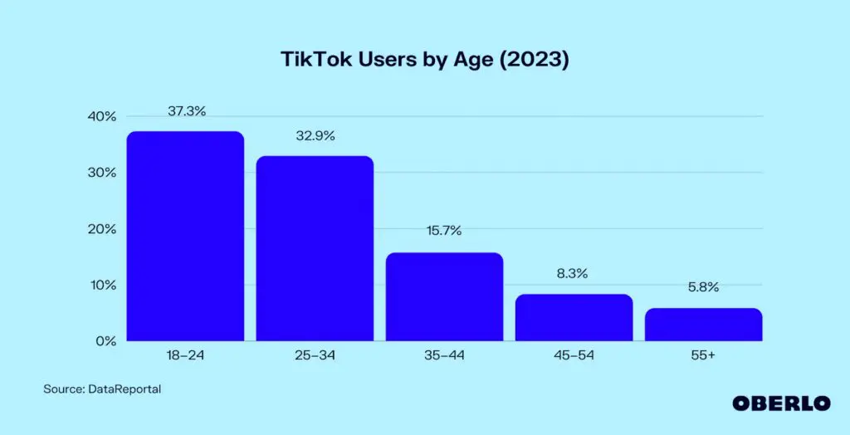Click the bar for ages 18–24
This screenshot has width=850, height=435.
coord(184,237)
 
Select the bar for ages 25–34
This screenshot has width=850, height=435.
coord(315,248)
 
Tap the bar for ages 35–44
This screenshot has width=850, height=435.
coord(444,297)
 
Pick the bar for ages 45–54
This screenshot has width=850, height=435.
coord(574,318)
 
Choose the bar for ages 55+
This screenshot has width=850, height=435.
coord(703,325)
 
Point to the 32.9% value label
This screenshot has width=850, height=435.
coord(315,136)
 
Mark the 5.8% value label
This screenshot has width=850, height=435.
coord(703,288)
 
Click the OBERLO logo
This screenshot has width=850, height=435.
coord(781,403)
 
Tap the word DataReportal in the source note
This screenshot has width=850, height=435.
coord(124,389)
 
